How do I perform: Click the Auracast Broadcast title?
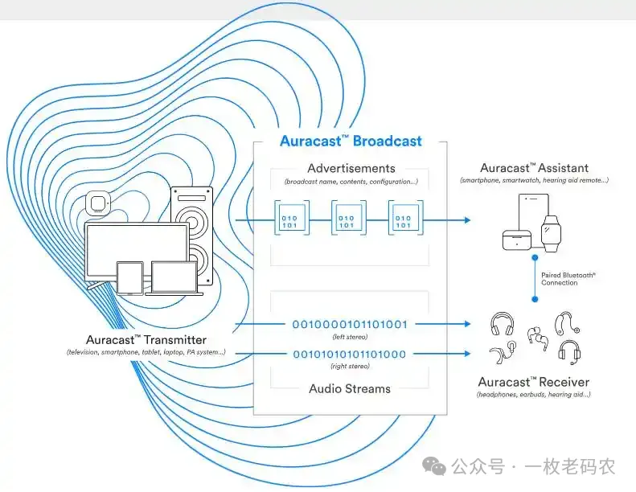(x=351, y=141)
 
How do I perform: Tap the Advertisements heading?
(x=351, y=169)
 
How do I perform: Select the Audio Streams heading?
(x=350, y=389)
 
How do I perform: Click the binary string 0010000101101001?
(x=350, y=325)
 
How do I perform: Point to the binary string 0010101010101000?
(x=350, y=354)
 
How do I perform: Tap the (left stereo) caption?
(x=350, y=338)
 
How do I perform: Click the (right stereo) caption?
(x=350, y=367)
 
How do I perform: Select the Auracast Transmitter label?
(x=146, y=340)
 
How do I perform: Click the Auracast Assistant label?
(x=534, y=169)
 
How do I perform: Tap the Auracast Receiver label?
(x=533, y=382)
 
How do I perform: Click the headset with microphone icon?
(x=570, y=352)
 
